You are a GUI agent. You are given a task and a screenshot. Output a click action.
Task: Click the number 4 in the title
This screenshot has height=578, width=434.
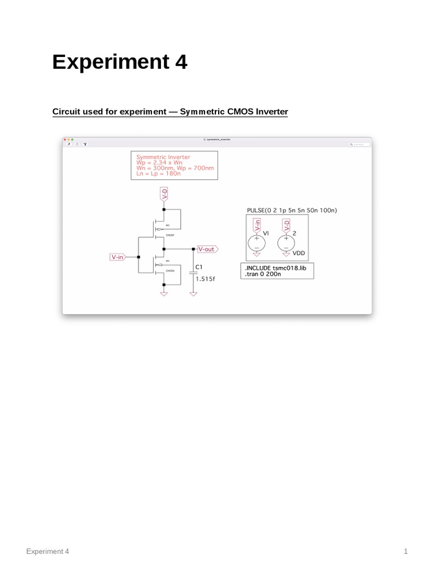pyautogui.click(x=180, y=62)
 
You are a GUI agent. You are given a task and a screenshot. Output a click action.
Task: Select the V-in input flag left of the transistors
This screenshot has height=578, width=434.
pyautogui.click(x=118, y=257)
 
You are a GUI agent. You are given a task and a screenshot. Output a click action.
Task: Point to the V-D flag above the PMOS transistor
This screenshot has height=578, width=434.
pyautogui.click(x=164, y=195)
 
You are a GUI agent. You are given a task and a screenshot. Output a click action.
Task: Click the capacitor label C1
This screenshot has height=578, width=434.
pyautogui.click(x=199, y=267)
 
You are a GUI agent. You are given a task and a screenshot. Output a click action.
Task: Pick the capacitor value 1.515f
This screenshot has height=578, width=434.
pyautogui.click(x=204, y=279)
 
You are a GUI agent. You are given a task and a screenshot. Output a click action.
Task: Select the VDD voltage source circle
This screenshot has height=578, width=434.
pyautogui.click(x=287, y=243)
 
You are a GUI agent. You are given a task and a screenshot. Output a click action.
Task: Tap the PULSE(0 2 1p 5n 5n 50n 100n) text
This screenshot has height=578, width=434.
pyautogui.click(x=292, y=211)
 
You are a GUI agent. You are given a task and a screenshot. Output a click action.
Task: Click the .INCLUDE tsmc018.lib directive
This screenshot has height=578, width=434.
pyautogui.click(x=275, y=268)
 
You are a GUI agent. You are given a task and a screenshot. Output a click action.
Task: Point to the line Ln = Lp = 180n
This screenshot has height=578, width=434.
pyautogui.click(x=159, y=174)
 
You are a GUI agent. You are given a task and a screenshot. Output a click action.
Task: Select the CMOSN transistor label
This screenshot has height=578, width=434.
pyautogui.click(x=169, y=272)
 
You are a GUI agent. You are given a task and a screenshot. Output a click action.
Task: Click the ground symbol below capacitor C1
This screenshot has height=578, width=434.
pyautogui.click(x=193, y=294)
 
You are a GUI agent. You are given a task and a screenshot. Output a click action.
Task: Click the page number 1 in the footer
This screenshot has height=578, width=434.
pyautogui.click(x=406, y=551)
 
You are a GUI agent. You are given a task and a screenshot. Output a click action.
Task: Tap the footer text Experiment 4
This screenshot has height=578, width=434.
pyautogui.click(x=47, y=551)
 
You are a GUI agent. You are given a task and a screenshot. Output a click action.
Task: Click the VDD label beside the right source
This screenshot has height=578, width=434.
pyautogui.click(x=299, y=253)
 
